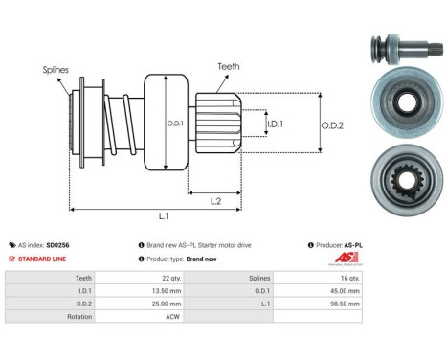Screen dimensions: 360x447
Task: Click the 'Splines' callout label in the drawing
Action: click(55, 70)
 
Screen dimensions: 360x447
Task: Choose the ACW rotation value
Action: click(171, 315)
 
